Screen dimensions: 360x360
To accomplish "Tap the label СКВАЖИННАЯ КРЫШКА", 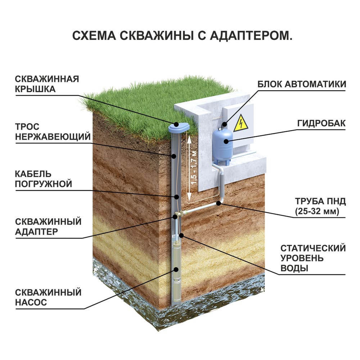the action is tap(47, 84).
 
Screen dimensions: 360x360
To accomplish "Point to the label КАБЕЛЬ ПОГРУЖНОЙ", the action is tap(44, 179).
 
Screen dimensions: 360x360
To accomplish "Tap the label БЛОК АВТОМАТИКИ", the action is tap(302, 84).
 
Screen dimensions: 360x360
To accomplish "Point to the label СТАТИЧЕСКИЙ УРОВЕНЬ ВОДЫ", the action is tap(313, 258).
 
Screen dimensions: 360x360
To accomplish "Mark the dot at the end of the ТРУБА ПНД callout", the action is tap(219, 204).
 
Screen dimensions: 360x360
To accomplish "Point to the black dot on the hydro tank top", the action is tap(225, 125).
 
